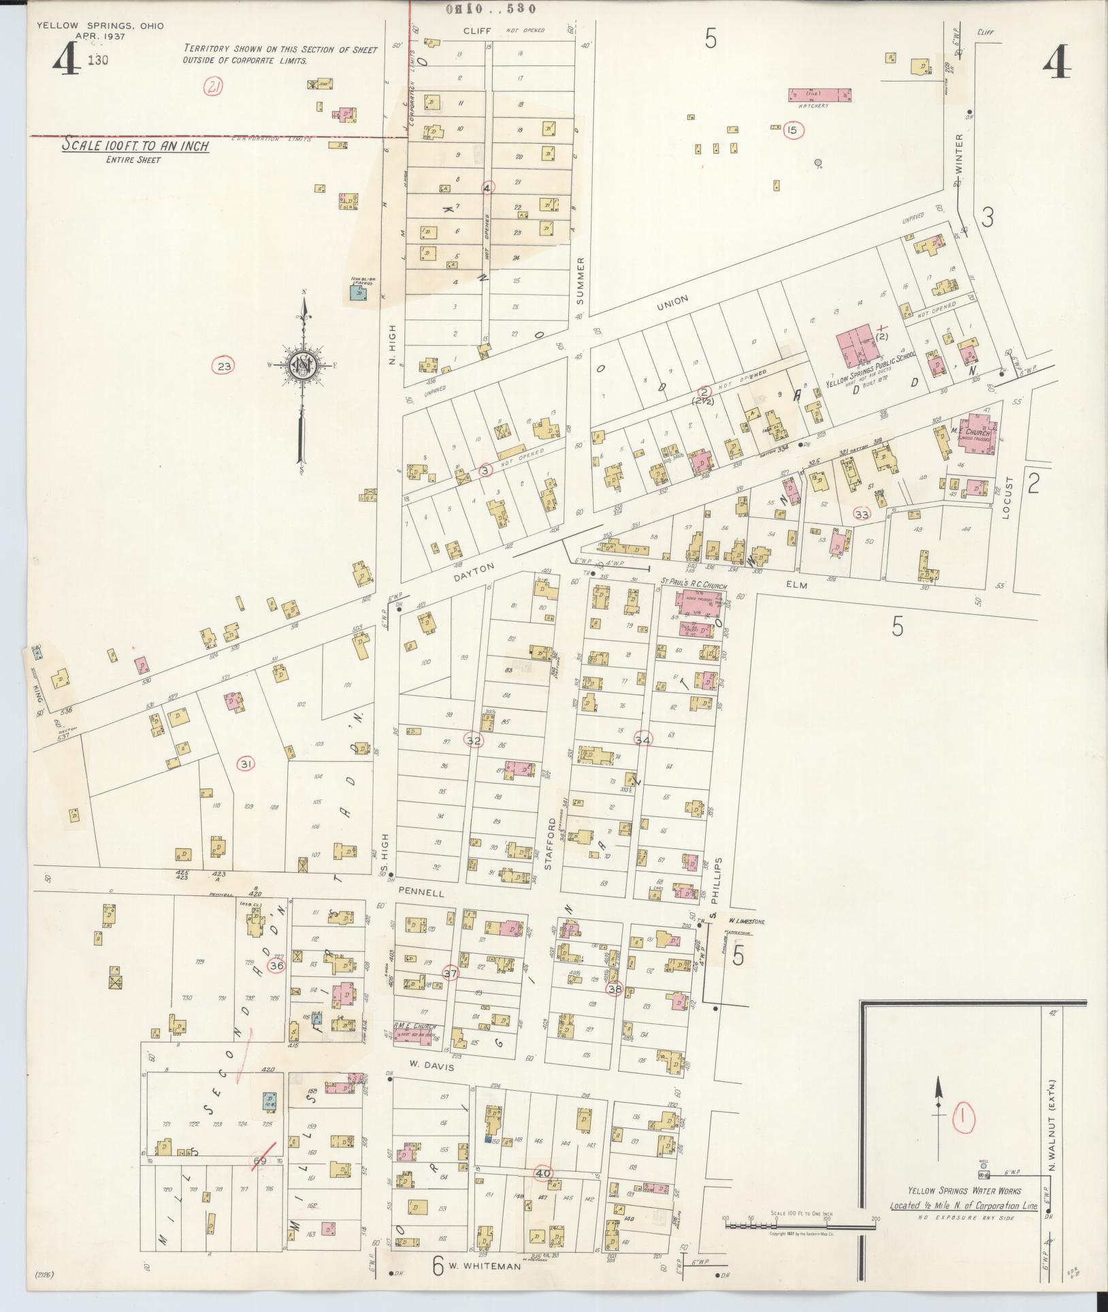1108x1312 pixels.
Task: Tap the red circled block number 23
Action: (225, 366)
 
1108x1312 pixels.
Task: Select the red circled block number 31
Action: (246, 765)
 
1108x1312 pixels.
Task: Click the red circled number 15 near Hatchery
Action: (792, 130)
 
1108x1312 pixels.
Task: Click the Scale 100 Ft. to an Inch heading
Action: (135, 146)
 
